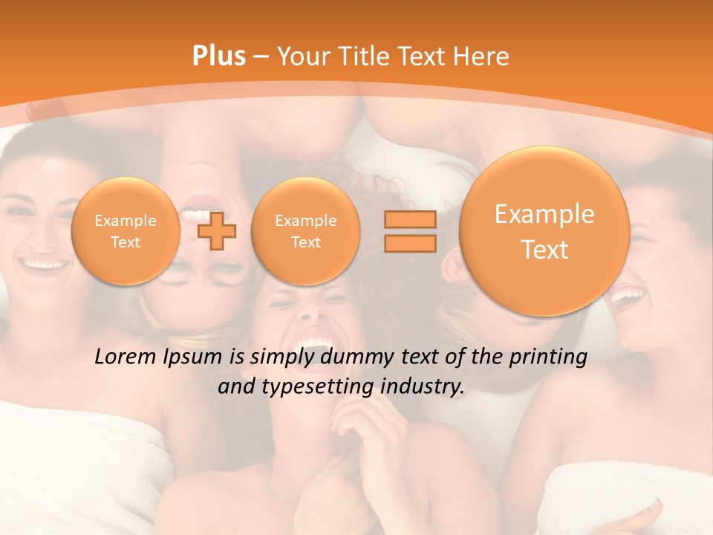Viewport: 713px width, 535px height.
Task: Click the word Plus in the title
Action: coord(219,56)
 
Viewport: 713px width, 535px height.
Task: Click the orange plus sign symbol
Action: coord(217,230)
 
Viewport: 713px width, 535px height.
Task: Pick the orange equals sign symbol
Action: coord(409,231)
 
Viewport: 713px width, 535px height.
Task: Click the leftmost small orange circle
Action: coord(126,231)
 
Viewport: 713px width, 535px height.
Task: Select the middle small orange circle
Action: coord(305,231)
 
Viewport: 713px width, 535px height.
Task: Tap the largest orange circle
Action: coord(544,231)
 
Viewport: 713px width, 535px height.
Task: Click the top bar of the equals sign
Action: coord(409,220)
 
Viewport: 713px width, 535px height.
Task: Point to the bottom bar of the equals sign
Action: coord(409,242)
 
